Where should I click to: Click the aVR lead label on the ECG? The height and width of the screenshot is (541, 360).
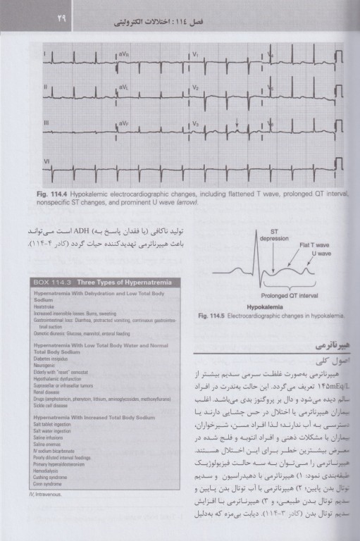[124, 54]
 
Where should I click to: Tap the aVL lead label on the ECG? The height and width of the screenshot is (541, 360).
[124, 87]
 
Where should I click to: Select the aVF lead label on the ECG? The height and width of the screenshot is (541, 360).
[124, 123]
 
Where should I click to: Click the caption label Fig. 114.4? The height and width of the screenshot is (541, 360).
[55, 192]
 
